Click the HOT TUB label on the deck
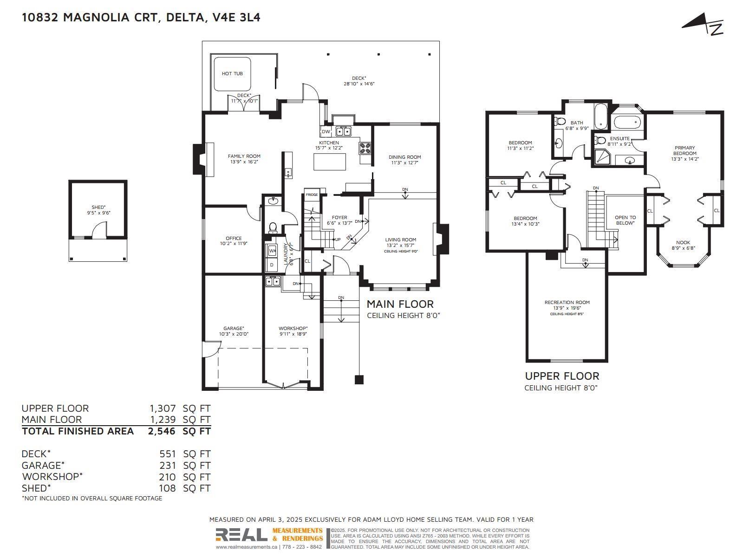[x=232, y=73]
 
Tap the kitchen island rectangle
[x=330, y=162]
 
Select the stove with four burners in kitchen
[x=365, y=148]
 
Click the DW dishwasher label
[x=326, y=132]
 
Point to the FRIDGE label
[x=312, y=194]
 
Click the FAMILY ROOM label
[x=244, y=156]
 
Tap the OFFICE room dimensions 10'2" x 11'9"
[x=234, y=244]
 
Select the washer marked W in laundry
[x=272, y=251]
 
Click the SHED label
[x=98, y=207]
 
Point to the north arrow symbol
[x=703, y=26]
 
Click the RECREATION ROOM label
[x=567, y=302]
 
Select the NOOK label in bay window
[x=683, y=242]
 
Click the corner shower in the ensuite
[x=602, y=157]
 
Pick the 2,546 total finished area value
[x=162, y=431]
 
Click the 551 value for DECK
[x=168, y=454]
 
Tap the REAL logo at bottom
[x=241, y=535]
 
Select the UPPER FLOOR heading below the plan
[x=562, y=376]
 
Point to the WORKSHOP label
[x=293, y=328]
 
